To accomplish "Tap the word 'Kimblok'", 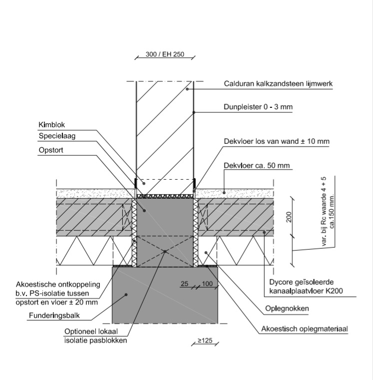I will [51, 124].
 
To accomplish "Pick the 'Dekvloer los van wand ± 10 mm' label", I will [276, 141].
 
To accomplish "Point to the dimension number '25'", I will [184, 284].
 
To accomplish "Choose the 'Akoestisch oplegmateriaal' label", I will [304, 329].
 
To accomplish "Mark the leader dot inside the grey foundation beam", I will [127, 295].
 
